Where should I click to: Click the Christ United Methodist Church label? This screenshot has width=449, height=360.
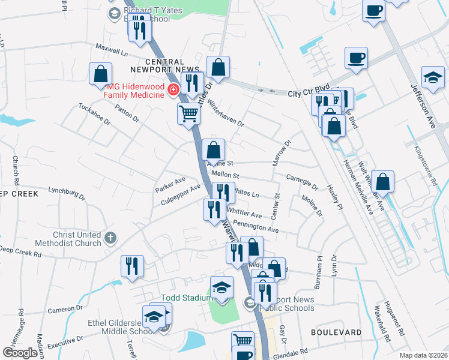(x=76, y=239)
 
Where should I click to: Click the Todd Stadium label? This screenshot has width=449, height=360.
(x=185, y=298)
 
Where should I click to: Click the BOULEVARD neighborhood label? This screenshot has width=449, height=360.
(x=336, y=332)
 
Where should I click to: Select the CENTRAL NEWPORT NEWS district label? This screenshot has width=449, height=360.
(x=164, y=66)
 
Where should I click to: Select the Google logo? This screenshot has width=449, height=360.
(x=20, y=353)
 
